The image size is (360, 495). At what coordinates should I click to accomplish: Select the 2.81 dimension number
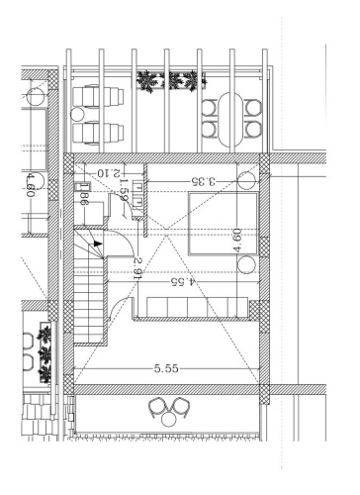140,268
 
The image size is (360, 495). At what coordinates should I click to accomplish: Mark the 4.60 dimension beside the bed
238,241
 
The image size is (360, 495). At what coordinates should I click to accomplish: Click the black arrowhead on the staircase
96,240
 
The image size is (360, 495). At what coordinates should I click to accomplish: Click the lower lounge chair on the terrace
97,131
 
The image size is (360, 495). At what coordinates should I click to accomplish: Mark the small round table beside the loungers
39,97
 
